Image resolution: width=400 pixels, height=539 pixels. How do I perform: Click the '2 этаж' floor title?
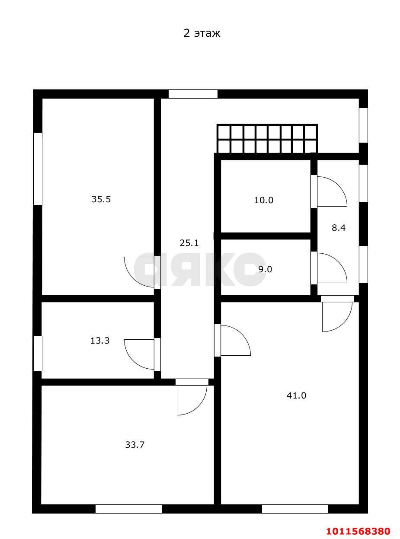tap(202, 33)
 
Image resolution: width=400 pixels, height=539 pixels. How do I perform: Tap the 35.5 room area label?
tap(101, 199)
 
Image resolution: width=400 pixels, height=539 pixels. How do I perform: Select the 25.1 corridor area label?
tap(189, 243)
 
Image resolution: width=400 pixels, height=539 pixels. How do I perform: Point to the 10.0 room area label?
tap(264, 200)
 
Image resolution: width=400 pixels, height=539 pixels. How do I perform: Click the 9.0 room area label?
tap(265, 270)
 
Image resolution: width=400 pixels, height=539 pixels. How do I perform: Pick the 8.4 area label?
tap(339, 228)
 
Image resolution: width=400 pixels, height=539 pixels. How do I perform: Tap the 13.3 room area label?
tap(100, 341)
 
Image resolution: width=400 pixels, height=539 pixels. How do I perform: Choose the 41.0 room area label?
tap(296, 395)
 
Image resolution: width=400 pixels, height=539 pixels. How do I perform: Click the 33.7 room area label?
tap(135, 445)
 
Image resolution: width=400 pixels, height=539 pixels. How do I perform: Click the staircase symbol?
tap(267, 139)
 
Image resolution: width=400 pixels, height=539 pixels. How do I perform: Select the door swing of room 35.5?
tap(139, 272)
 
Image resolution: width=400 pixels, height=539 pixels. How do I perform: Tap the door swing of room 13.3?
tap(139, 354)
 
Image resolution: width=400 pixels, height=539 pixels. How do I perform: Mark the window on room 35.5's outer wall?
tap(38, 169)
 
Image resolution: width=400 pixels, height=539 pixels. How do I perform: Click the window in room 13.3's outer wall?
tap(38, 353)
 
